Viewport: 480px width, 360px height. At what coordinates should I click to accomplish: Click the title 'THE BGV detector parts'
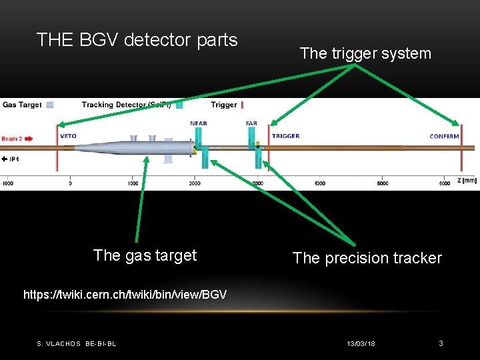(x=137, y=40)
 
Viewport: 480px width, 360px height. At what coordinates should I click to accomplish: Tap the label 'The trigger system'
(x=365, y=53)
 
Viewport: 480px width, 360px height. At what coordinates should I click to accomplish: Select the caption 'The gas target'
(x=145, y=255)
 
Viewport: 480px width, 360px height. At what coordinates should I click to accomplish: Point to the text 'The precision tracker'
(x=367, y=258)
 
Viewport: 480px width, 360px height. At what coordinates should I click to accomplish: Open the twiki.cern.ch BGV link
(x=125, y=294)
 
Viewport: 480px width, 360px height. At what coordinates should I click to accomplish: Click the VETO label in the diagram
(x=68, y=136)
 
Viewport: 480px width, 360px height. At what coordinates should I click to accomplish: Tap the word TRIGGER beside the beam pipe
(x=285, y=136)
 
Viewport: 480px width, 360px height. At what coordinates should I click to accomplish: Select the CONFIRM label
(x=444, y=136)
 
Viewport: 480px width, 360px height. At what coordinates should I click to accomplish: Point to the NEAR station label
(x=198, y=123)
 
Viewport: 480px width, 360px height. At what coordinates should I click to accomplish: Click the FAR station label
(x=251, y=123)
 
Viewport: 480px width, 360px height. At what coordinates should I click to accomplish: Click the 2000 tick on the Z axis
(x=195, y=183)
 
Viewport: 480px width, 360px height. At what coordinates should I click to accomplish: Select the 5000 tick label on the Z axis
(x=383, y=183)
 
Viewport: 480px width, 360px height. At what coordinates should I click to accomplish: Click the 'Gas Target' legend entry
(x=22, y=105)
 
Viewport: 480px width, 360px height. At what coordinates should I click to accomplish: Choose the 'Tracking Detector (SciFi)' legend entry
(x=126, y=105)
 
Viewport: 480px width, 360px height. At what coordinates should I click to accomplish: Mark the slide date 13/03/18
(x=361, y=343)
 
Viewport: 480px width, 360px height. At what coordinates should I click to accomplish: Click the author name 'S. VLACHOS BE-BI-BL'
(x=76, y=343)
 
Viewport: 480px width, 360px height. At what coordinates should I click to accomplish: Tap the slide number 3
(x=441, y=343)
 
